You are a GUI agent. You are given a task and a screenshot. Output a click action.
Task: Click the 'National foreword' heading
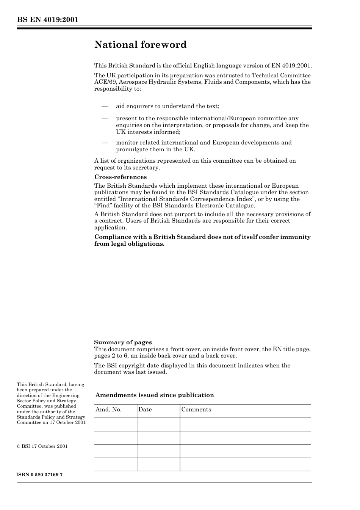tap(140, 45)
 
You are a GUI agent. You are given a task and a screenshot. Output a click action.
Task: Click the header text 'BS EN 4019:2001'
tap(47, 20)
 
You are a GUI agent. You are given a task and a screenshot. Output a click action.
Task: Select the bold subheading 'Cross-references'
tap(120, 177)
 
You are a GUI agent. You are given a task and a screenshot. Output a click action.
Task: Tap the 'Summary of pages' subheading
tap(123, 342)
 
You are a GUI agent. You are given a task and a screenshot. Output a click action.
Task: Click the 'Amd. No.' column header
tap(108, 410)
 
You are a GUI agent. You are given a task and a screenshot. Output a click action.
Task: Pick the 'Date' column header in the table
tap(145, 410)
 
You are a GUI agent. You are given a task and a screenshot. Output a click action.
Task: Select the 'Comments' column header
tap(196, 410)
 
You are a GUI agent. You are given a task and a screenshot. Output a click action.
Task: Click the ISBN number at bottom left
tap(39, 475)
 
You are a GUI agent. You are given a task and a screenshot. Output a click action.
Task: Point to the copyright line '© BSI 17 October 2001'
tap(42, 446)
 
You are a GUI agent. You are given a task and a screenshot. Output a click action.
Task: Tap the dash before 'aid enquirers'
tap(105, 107)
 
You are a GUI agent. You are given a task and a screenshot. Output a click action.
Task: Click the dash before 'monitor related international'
tap(105, 143)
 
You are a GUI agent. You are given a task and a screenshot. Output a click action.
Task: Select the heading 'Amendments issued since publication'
tap(155, 395)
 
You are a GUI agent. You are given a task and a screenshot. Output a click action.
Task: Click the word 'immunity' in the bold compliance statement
tap(295, 237)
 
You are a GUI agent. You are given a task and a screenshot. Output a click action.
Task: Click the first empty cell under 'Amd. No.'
tap(115, 424)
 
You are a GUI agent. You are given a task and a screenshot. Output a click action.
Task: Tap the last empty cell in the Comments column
tap(245, 464)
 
